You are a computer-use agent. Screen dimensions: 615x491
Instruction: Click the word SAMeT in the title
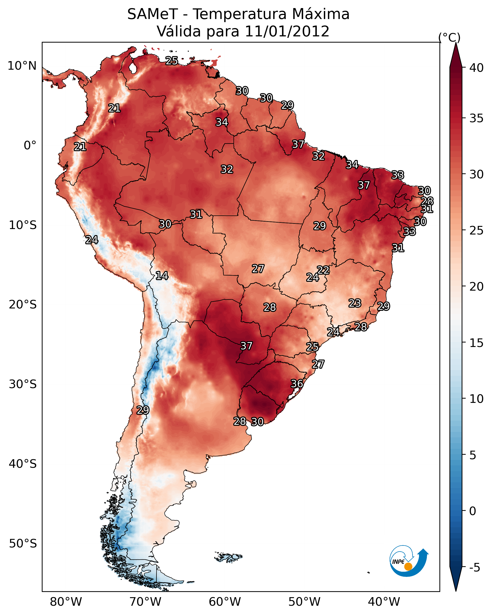[153, 14]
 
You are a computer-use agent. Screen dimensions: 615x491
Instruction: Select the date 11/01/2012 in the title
[287, 31]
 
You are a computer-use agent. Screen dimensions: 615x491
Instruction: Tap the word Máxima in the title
[321, 14]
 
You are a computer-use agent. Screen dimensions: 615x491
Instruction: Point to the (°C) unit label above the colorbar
[449, 37]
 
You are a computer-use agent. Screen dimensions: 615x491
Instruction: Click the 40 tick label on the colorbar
[477, 68]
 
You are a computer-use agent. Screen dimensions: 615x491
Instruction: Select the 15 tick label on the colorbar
[477, 343]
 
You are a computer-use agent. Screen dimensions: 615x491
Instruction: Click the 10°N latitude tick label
[22, 66]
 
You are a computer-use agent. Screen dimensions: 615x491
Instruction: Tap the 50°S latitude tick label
[23, 544]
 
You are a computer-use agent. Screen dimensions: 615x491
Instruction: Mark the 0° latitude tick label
[30, 146]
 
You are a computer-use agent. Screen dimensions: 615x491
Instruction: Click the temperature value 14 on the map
[162, 276]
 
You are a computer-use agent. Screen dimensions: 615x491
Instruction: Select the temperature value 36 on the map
[297, 384]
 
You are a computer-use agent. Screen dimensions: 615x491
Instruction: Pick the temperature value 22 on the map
[323, 270]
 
